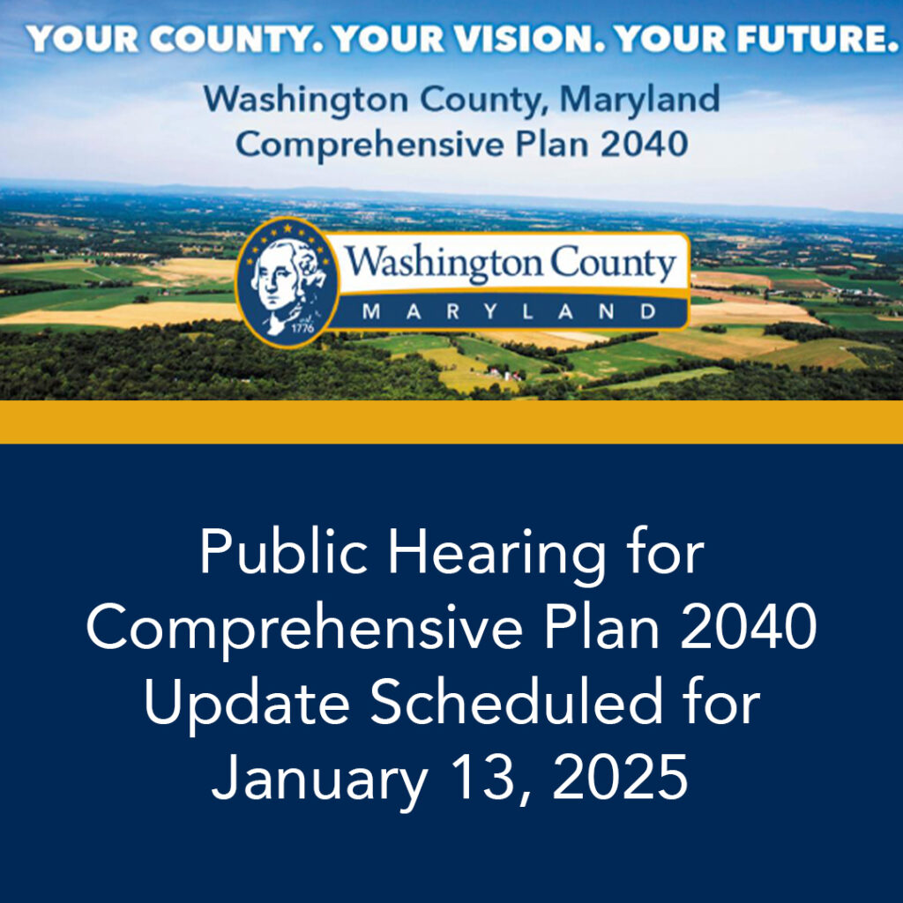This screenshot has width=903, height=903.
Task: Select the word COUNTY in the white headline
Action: click(229, 40)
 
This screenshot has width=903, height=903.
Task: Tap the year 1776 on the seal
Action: click(303, 328)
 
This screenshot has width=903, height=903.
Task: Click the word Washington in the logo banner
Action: click(444, 263)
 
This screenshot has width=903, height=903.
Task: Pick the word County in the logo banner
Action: click(613, 263)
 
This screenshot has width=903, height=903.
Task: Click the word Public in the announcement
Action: click(284, 551)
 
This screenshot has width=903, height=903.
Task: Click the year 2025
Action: click(620, 777)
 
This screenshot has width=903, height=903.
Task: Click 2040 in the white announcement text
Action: click(748, 626)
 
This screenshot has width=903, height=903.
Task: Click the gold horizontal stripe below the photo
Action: click(451, 422)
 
